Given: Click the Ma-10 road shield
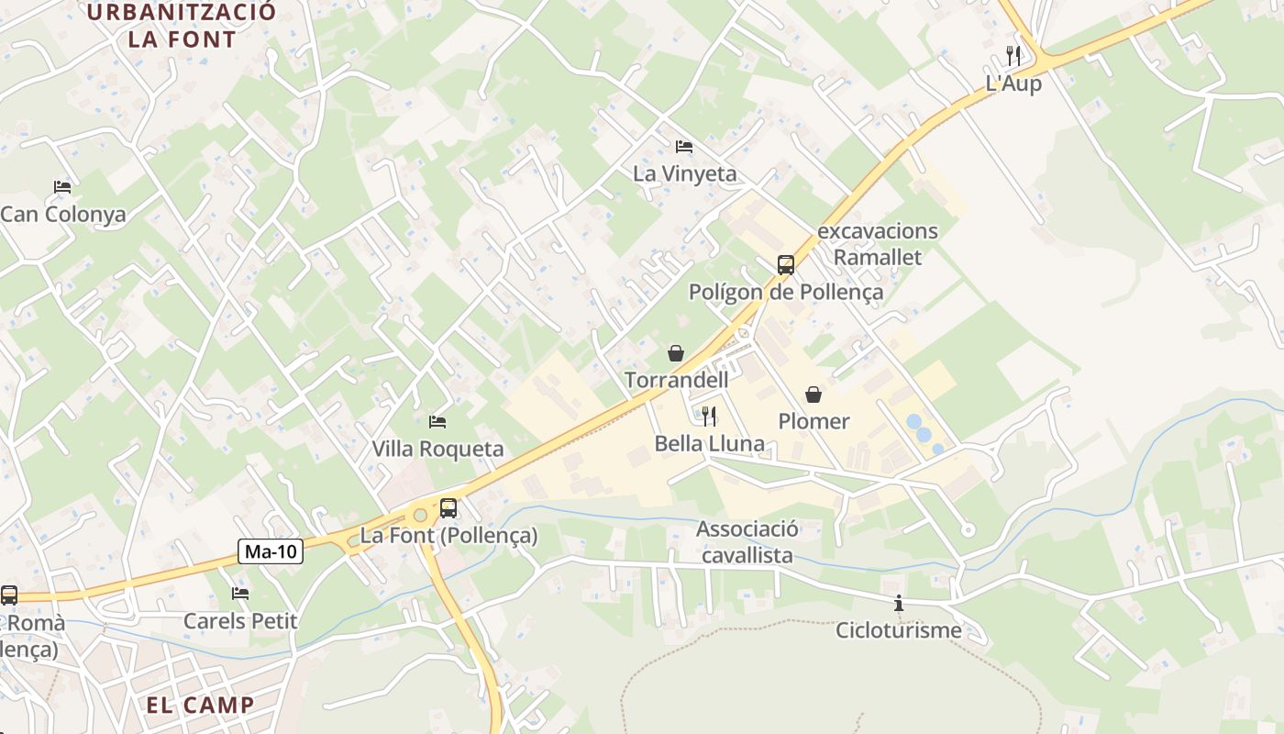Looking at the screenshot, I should coord(271,551).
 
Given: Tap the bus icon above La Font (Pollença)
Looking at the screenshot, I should coord(448,507).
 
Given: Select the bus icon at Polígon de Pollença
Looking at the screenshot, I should coord(786,265).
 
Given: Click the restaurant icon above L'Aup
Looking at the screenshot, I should coord(1013,55).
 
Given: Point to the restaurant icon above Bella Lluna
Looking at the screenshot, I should coord(709,417).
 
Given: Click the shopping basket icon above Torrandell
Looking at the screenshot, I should coord(676,353).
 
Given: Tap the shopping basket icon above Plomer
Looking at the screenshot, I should coord(814,395).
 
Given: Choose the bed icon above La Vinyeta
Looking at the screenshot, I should coord(684,147).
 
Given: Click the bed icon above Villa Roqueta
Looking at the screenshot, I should coord(437,422).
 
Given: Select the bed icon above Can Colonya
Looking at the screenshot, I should coord(62,187).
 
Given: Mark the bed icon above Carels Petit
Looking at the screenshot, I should coord(240,594).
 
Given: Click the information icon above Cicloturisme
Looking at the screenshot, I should coord(899,604).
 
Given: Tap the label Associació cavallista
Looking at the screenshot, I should coord(747,542).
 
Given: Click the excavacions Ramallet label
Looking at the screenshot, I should coord(878,244).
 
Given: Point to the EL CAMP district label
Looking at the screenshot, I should coord(200,705).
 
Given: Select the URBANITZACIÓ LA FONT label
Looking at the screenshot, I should coord(182,26).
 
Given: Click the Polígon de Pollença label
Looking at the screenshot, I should coord(786,292).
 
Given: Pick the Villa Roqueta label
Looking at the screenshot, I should coord(437,449).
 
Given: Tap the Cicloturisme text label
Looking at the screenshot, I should coord(899,630).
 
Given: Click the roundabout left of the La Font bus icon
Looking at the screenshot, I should coord(420,516).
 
